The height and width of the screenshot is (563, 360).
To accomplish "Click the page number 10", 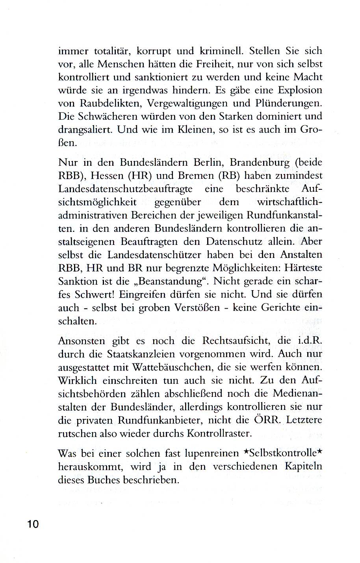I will point(33,524).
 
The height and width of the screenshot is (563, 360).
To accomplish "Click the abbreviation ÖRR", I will point(267,420).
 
